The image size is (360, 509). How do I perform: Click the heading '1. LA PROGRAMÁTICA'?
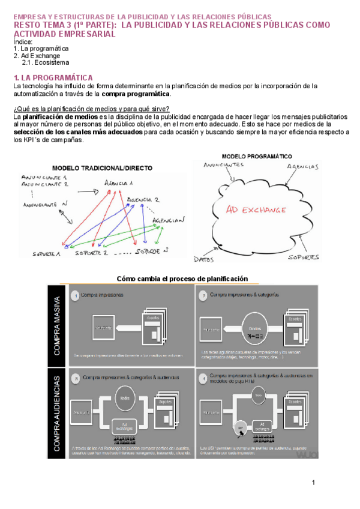(x=53, y=78)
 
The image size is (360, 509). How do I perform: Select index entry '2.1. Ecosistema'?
(x=46, y=62)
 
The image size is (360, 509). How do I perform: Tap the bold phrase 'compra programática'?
(x=136, y=94)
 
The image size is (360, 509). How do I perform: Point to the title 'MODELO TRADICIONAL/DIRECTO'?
(x=102, y=167)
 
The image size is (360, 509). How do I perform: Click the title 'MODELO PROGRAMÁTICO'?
(x=257, y=155)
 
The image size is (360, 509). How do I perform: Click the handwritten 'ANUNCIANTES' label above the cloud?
(x=223, y=164)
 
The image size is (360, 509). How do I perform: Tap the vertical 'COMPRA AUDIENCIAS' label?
(x=57, y=414)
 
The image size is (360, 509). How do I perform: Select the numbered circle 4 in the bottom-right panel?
(x=203, y=378)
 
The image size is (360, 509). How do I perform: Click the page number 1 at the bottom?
(x=313, y=483)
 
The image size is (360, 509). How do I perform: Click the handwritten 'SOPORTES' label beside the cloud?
(x=303, y=257)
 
